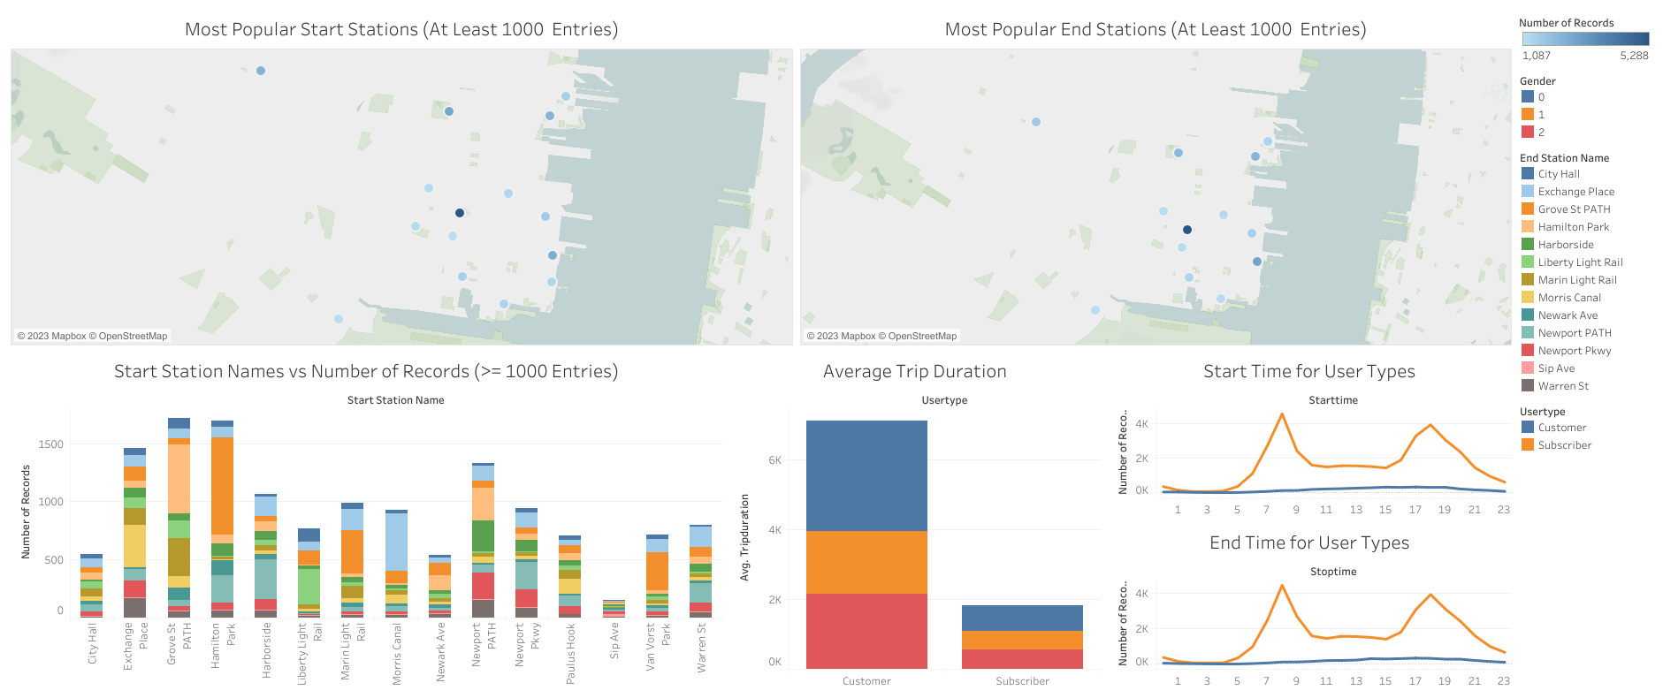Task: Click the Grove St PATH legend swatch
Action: click(x=1528, y=209)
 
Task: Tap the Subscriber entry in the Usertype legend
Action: click(x=1564, y=445)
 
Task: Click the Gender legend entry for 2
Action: click(x=1540, y=133)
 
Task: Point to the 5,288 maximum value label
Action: click(x=1633, y=56)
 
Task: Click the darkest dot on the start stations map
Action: click(x=460, y=213)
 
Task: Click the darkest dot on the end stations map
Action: click(x=1187, y=230)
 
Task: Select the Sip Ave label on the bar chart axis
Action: click(x=614, y=641)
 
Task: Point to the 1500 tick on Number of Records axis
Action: click(x=51, y=444)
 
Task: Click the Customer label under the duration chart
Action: click(x=866, y=681)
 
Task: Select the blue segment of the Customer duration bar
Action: click(x=866, y=475)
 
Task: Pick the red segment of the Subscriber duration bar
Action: click(x=1022, y=659)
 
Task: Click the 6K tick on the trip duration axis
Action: click(x=774, y=460)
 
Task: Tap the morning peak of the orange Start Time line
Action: click(x=1281, y=414)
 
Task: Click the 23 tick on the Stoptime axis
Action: click(x=1503, y=681)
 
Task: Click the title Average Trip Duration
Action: click(x=914, y=372)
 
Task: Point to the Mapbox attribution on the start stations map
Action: click(x=92, y=336)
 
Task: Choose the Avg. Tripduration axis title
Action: click(x=745, y=537)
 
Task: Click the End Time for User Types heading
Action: click(x=1308, y=543)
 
